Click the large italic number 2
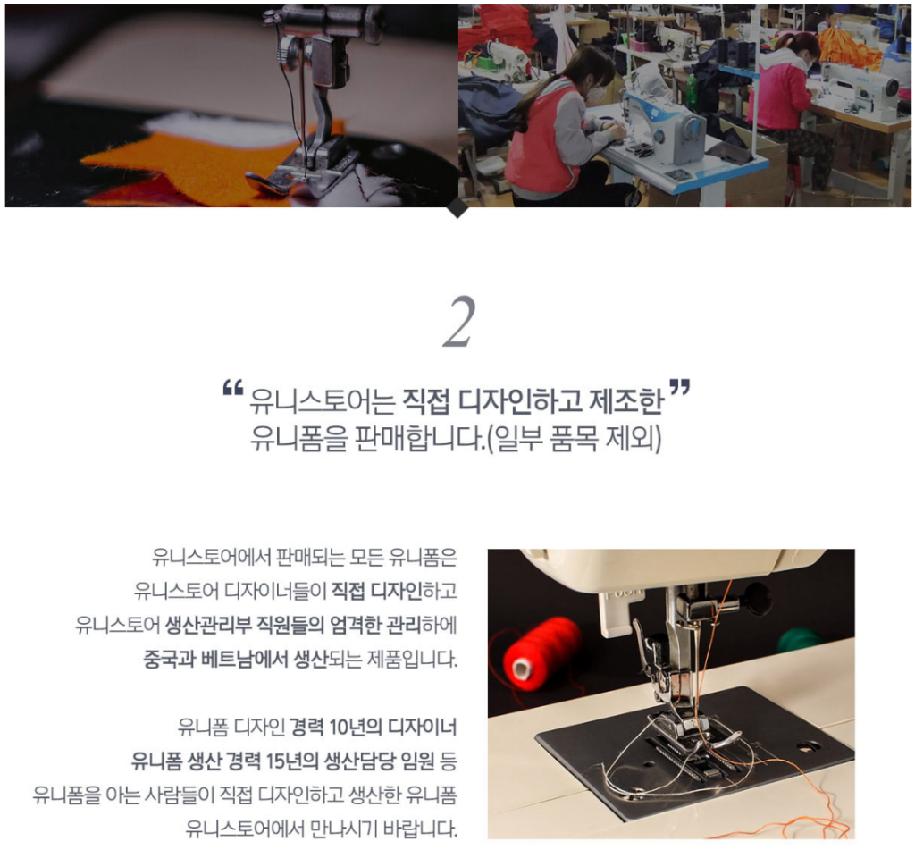point(459,322)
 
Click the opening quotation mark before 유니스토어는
point(233,388)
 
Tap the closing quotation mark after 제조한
point(680,388)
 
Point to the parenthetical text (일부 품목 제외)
point(575,439)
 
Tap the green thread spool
point(800,640)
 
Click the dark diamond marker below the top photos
point(458,207)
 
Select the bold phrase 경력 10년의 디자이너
point(373,728)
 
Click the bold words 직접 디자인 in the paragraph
point(377,592)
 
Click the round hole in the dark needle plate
point(808,747)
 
